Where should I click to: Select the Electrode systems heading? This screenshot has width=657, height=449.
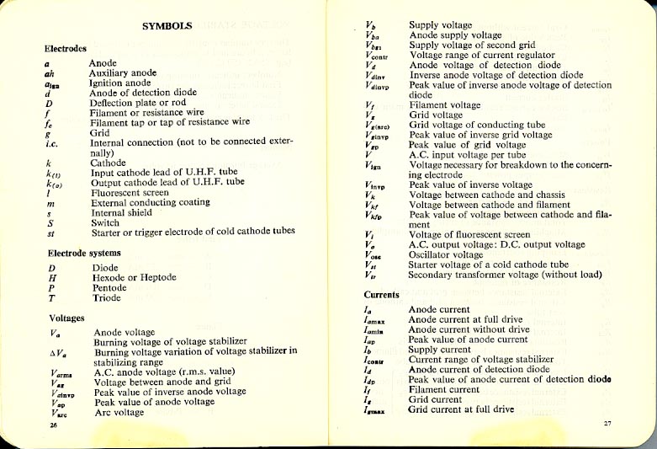pos(84,253)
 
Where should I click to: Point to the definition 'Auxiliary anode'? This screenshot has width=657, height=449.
pos(125,73)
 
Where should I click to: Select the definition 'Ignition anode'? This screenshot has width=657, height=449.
pos(121,83)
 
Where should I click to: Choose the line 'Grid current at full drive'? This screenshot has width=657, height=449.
pos(461,409)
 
